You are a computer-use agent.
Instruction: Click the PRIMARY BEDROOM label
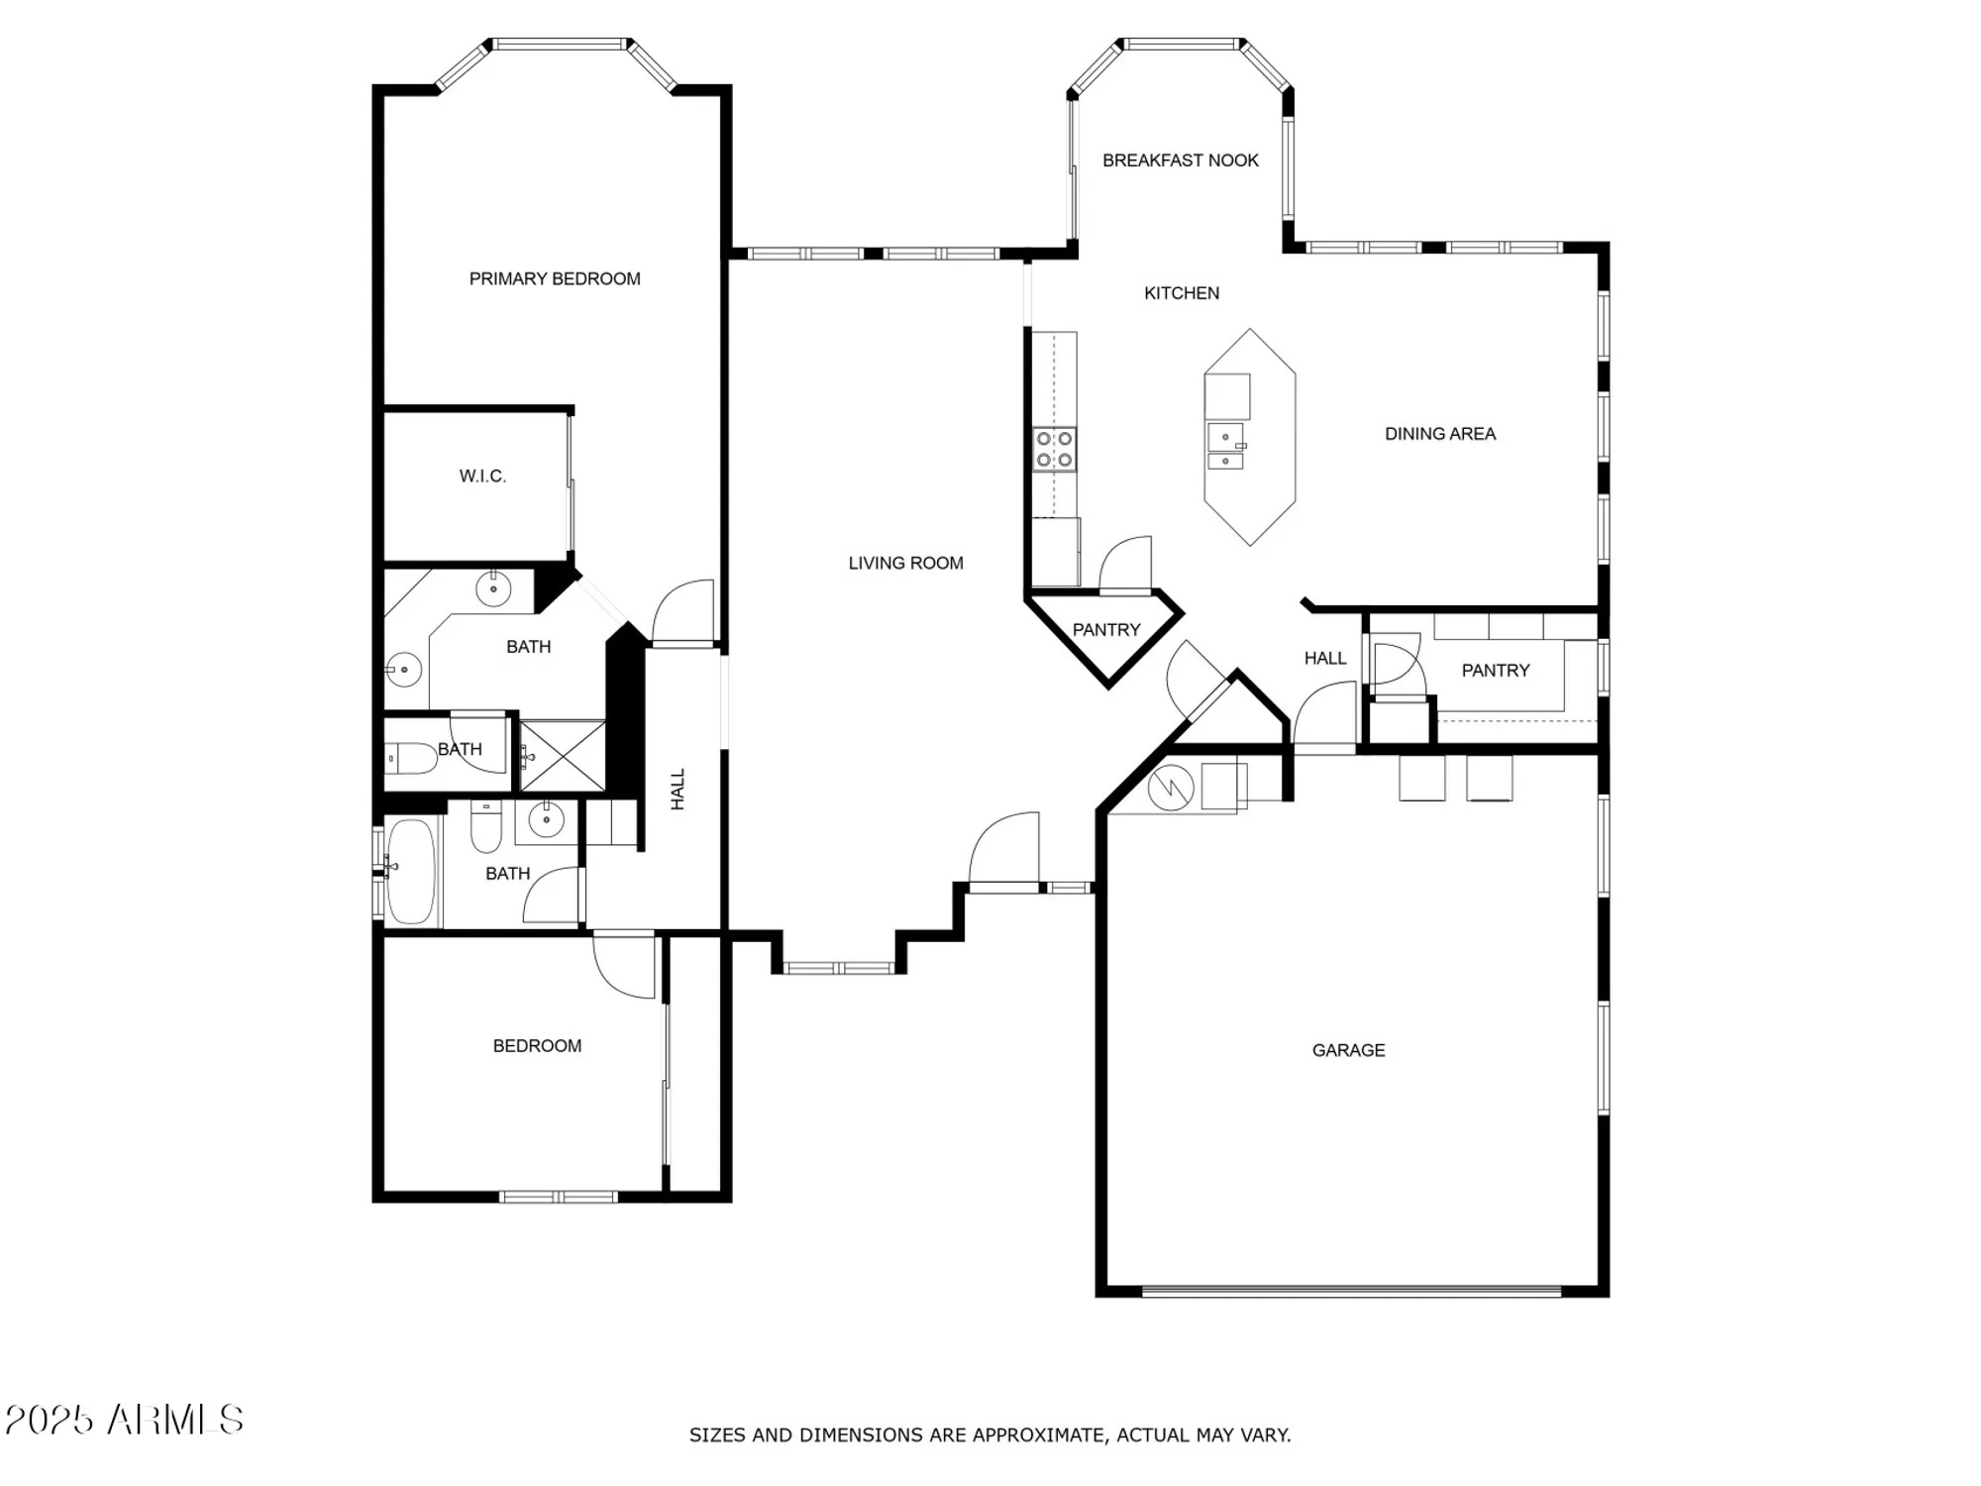click(x=555, y=279)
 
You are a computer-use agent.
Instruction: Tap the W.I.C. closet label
click(x=482, y=477)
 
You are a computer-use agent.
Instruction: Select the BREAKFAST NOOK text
click(x=1180, y=160)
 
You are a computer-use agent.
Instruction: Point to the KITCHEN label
click(x=1181, y=293)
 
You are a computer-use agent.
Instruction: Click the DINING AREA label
click(x=1439, y=434)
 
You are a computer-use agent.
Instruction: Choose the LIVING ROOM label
click(x=905, y=564)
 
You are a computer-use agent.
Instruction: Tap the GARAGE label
click(x=1348, y=1050)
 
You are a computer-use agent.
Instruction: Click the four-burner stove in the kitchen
click(x=1054, y=449)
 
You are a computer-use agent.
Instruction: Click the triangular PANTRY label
click(x=1106, y=630)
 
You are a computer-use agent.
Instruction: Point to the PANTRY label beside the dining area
click(x=1495, y=671)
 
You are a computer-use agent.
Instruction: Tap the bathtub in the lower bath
click(x=410, y=871)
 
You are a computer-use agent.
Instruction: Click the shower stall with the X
click(x=563, y=756)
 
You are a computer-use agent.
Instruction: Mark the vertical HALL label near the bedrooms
click(x=678, y=790)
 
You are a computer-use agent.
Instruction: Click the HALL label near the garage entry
click(x=1324, y=659)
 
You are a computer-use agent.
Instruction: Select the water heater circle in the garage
click(x=1170, y=790)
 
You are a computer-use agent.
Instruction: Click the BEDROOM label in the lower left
click(x=537, y=1046)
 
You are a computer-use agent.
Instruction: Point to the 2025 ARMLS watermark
click(x=124, y=1420)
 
